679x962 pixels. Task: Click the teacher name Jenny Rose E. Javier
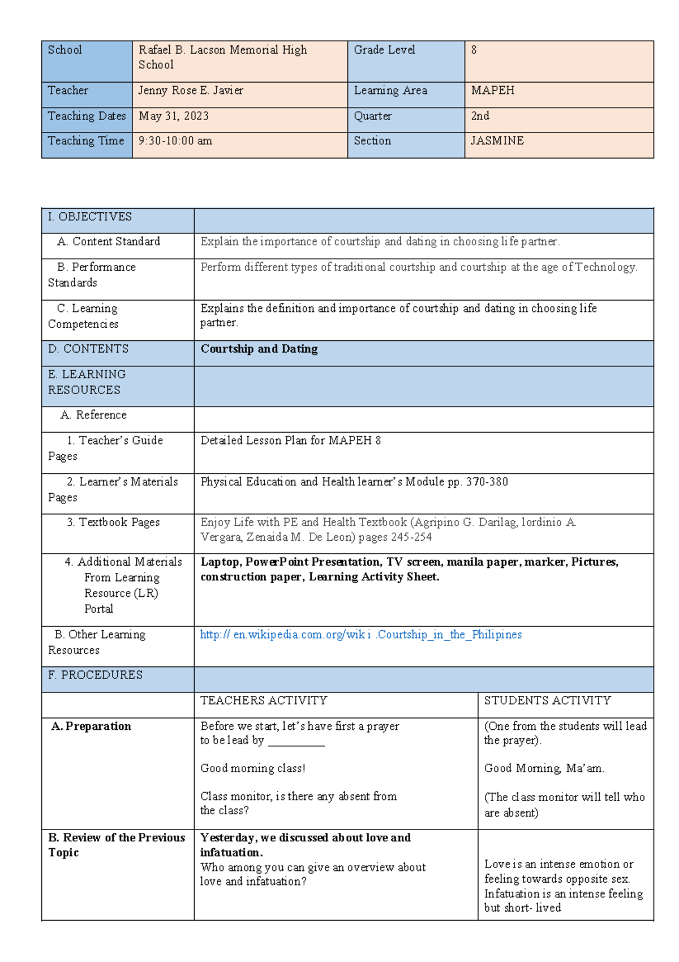[191, 91]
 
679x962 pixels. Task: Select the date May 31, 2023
[174, 116]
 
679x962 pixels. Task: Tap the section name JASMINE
[497, 141]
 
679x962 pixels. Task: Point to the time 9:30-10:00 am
[175, 141]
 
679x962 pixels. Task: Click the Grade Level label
[384, 50]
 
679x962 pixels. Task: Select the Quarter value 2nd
[480, 116]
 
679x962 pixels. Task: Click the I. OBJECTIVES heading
[89, 217]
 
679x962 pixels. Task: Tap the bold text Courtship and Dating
[259, 349]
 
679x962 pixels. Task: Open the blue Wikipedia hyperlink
[360, 635]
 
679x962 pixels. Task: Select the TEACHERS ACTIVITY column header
[264, 701]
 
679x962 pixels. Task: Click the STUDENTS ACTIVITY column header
[547, 701]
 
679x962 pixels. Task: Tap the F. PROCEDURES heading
[95, 675]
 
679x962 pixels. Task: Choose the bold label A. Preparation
[91, 726]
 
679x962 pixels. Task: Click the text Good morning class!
[252, 768]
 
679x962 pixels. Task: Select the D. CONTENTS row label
[88, 349]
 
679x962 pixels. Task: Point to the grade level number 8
[474, 50]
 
